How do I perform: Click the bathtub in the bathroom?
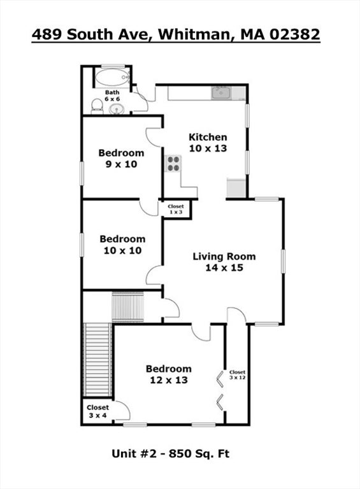[x=112, y=77]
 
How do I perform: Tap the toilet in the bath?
[x=97, y=106]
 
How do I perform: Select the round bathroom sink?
[x=117, y=109]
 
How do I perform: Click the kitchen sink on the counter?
[x=221, y=93]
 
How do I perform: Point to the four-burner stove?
[x=173, y=163]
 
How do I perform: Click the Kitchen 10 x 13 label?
[x=208, y=143]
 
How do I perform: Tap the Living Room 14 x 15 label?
[x=224, y=262]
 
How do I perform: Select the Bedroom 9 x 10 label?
[x=121, y=159]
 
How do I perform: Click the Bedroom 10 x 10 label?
[x=122, y=244]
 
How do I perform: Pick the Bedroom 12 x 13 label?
[x=169, y=374]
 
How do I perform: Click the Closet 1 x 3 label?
[x=176, y=209]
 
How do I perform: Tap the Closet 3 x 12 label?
[x=238, y=374]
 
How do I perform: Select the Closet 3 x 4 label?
[x=97, y=411]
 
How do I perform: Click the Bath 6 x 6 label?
[x=112, y=96]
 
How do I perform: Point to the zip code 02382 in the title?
[x=294, y=34]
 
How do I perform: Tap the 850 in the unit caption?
[x=179, y=453]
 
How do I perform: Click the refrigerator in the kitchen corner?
[x=236, y=188]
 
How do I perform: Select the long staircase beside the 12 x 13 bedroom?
[x=98, y=360]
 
